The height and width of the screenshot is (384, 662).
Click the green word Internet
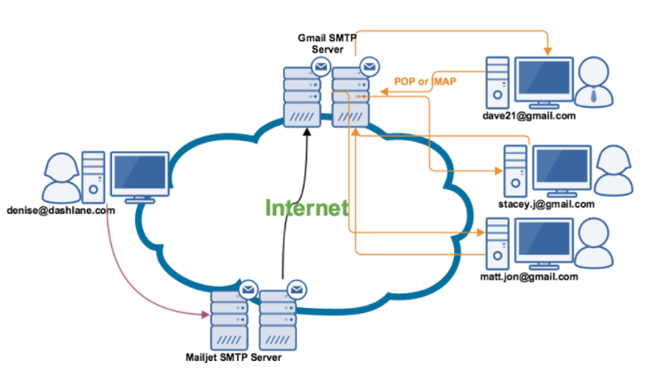(x=306, y=208)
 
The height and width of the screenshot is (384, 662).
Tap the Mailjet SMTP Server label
(x=233, y=356)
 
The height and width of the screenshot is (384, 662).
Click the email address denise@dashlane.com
(x=61, y=210)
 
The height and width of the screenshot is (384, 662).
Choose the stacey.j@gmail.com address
(x=546, y=204)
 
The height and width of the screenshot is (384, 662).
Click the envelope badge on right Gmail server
(x=369, y=66)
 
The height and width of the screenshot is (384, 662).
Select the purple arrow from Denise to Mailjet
(x=137, y=282)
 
